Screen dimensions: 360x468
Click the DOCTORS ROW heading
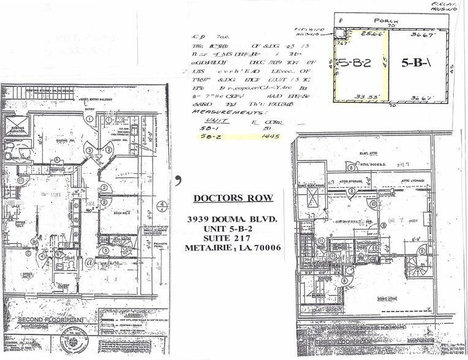(234, 198)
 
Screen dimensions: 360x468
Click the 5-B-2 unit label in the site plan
(356, 62)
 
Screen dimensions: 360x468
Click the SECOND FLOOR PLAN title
(51, 320)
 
